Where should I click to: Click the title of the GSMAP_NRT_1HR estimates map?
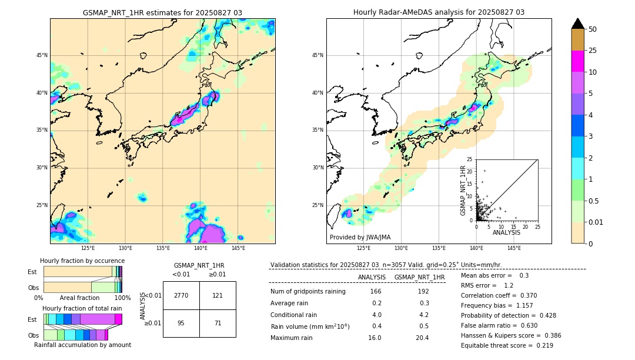tap(162, 12)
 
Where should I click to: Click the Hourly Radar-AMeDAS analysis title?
tap(439, 12)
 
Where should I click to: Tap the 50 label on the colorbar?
tap(593, 29)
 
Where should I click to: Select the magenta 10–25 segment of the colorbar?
tap(578, 61)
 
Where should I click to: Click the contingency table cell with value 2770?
tap(181, 295)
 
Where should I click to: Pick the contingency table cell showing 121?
tap(218, 295)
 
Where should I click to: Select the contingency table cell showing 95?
tap(181, 323)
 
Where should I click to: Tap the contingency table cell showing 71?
tap(218, 323)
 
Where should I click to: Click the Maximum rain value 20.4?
tap(422, 338)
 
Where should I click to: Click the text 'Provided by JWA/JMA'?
tap(360, 237)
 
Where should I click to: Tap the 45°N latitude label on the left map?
tap(42, 55)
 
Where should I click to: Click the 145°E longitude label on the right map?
tap(514, 248)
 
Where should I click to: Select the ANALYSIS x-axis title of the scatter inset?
tap(506, 232)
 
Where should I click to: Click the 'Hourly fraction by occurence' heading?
tap(82, 261)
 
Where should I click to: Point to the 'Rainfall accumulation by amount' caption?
tap(82, 345)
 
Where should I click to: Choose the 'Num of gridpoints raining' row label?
tap(308, 291)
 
